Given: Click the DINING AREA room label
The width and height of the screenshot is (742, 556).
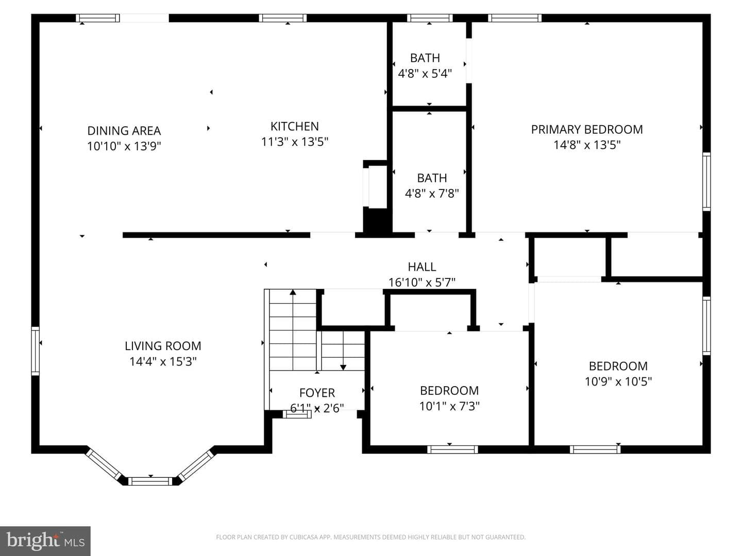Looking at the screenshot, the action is tap(124, 131).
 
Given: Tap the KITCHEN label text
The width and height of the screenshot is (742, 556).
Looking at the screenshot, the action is tap(294, 126).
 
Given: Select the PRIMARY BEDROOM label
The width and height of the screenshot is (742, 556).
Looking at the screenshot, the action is tap(587, 129).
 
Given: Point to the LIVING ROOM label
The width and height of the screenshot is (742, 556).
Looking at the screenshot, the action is tap(163, 346).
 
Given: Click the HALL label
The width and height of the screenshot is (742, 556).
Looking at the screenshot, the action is tap(422, 267).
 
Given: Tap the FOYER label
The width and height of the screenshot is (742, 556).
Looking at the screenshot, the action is tap(317, 393).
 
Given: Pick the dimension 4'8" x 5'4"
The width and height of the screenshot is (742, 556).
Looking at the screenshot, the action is tap(425, 74).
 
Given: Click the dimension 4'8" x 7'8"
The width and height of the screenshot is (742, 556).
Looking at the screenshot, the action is tap(432, 194).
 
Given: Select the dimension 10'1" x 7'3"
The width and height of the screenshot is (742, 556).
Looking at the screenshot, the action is tap(449, 406).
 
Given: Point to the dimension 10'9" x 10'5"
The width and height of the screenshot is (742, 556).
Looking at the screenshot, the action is tap(618, 381).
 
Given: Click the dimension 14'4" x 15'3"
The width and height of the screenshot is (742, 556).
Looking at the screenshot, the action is tap(163, 361).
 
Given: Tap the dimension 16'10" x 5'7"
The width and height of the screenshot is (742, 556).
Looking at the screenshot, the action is tap(422, 282).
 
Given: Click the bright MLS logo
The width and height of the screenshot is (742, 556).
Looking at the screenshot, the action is tap(45, 541).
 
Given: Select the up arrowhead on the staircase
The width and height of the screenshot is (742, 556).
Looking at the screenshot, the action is tap(293, 292).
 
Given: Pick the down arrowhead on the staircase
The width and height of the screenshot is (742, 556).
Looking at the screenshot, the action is tap(343, 367).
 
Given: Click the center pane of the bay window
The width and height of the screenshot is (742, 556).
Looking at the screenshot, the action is tap(150, 481).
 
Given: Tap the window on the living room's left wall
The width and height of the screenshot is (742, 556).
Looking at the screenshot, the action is tap(36, 351).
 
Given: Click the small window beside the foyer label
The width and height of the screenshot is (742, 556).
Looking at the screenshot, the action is tap(297, 414).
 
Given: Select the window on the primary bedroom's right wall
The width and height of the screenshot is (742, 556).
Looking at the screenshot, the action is tap(706, 182).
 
